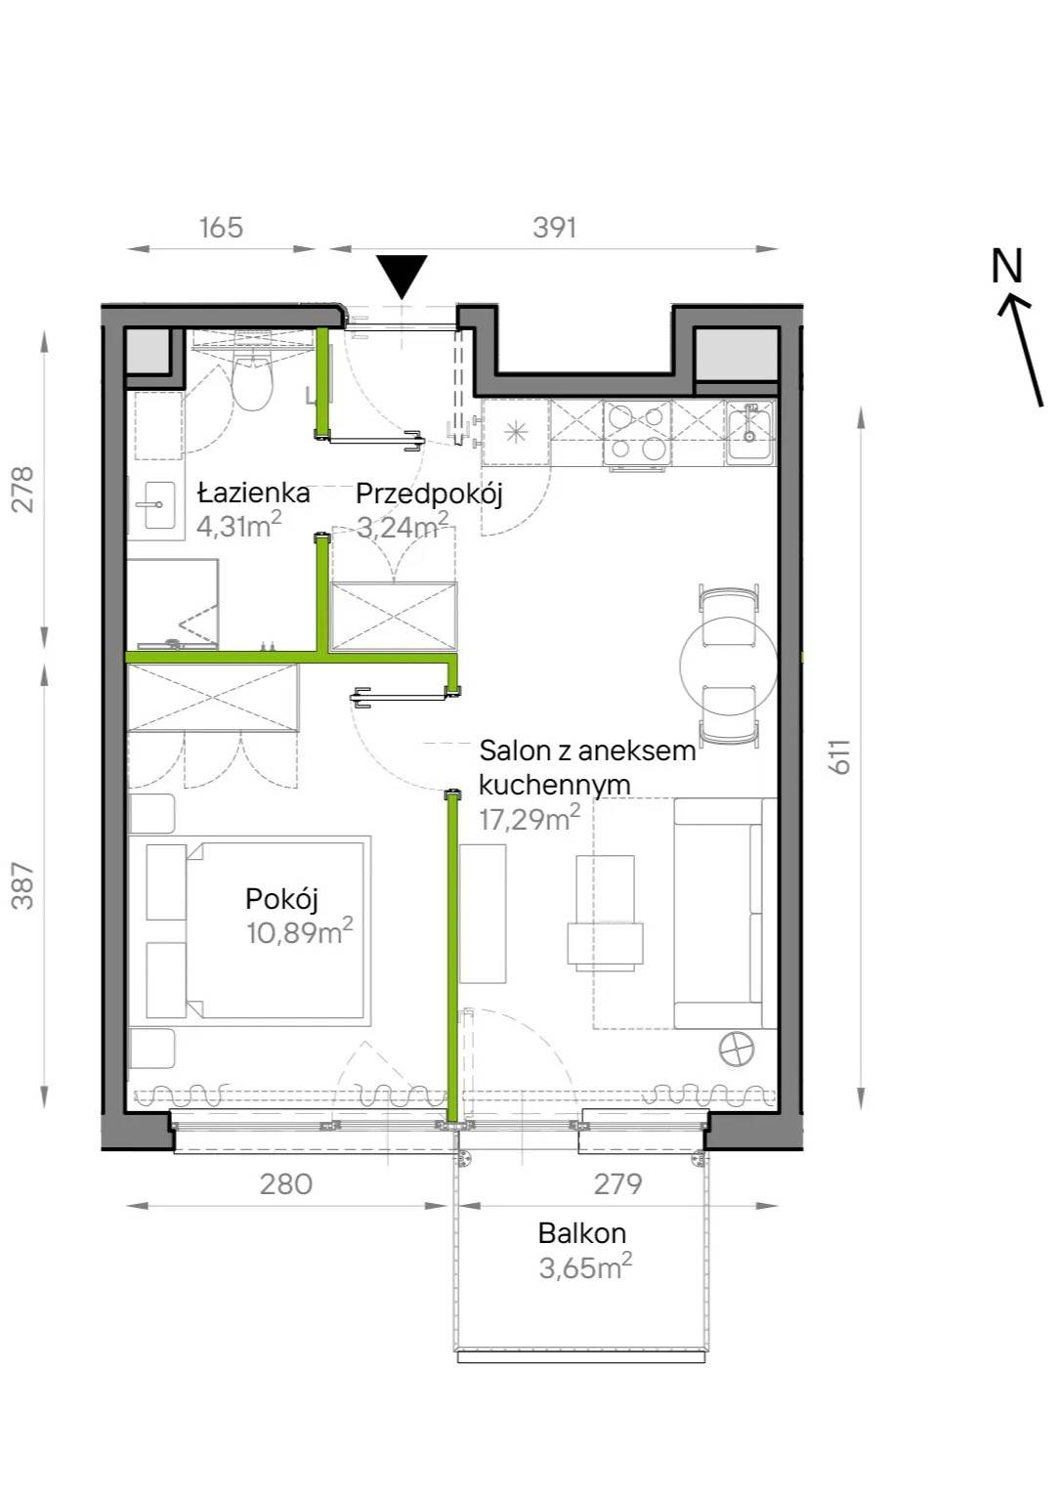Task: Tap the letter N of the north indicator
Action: (1007, 266)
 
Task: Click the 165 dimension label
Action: (221, 228)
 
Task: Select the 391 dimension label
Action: (555, 228)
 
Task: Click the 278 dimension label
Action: (24, 490)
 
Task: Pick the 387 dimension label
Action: (24, 885)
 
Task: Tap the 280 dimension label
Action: (286, 1184)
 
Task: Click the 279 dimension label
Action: (617, 1184)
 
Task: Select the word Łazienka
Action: (254, 494)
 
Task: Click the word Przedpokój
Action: (429, 494)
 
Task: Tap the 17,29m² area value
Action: (530, 819)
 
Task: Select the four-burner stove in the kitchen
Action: (637, 433)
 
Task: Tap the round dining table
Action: (728, 665)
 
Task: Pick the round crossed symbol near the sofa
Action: (736, 1048)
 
